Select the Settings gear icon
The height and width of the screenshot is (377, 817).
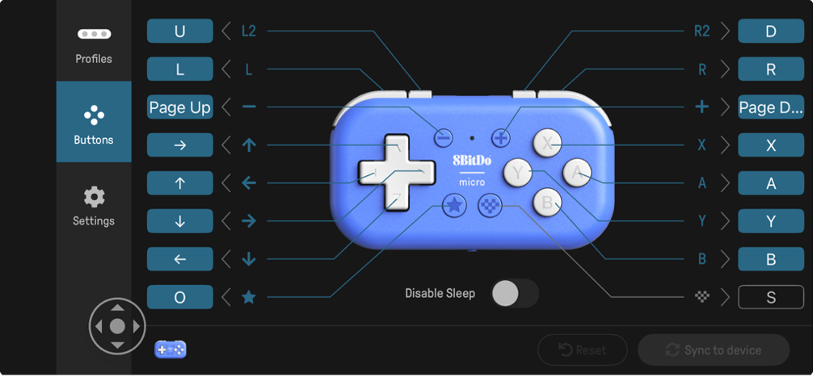tap(95, 197)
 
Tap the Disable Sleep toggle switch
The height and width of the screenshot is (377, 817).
tap(515, 293)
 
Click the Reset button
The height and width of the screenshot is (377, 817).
tap(583, 350)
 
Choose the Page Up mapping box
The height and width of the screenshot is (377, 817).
tap(179, 107)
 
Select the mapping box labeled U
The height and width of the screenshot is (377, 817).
tap(179, 31)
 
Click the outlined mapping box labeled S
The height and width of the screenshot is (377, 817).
tap(771, 297)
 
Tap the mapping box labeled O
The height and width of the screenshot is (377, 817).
tap(179, 297)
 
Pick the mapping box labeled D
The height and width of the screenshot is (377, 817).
tap(771, 31)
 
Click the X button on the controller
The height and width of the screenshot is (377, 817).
tap(547, 143)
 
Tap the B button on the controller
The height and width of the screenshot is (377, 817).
tap(547, 202)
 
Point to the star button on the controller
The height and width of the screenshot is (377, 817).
tap(454, 205)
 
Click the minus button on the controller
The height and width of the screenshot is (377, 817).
tap(443, 138)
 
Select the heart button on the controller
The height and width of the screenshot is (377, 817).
tap(490, 205)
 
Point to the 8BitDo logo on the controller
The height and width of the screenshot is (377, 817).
tap(472, 161)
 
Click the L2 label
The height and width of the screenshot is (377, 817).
tap(249, 31)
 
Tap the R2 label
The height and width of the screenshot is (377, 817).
tap(702, 31)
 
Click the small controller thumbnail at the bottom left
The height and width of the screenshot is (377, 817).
tap(171, 350)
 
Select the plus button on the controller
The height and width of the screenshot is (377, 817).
tap(501, 138)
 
